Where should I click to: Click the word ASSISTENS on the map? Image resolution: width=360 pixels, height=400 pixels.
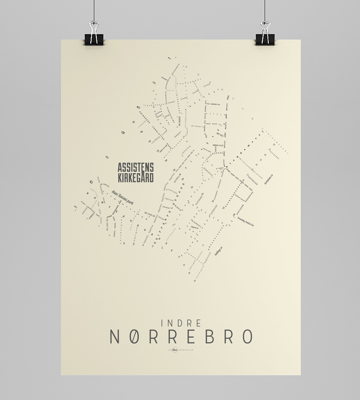(135, 167)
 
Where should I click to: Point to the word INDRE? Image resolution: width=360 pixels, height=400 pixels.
(181, 322)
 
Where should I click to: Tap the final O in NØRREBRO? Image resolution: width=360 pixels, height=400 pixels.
(246, 337)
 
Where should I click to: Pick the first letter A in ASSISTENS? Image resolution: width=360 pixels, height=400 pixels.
(120, 167)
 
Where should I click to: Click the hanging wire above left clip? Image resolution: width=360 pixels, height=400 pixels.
(95, 10)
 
